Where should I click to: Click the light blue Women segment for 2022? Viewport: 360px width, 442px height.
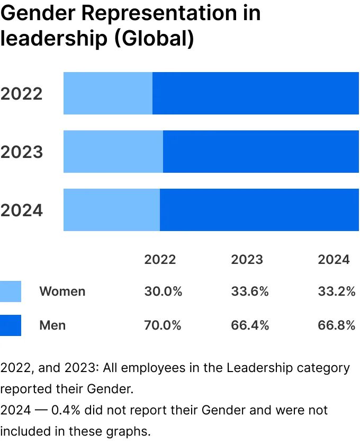tap(108, 93)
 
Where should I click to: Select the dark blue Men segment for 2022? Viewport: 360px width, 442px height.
tap(256, 93)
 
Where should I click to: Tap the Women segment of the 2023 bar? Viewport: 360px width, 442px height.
tap(113, 152)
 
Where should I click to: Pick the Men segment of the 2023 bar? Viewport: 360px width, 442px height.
tap(261, 152)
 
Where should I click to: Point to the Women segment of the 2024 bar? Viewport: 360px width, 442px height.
tap(112, 210)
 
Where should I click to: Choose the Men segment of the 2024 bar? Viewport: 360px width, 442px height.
tap(259, 210)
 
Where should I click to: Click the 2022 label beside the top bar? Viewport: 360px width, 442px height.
tap(22, 94)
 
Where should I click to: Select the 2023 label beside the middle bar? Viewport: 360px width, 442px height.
tap(22, 152)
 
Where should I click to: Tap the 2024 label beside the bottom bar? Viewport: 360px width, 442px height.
tap(22, 210)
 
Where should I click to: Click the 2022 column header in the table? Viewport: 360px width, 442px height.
tap(160, 259)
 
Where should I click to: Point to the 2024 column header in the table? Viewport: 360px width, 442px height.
tap(334, 259)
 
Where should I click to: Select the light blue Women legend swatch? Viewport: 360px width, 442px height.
tap(11, 291)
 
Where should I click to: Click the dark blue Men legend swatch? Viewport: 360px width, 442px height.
tap(11, 325)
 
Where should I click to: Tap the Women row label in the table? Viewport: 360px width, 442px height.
tap(62, 291)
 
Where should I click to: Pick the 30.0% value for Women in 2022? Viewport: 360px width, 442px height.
tap(163, 291)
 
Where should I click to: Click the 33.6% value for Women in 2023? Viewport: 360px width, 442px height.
tap(250, 291)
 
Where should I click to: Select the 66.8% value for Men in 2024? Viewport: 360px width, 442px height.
tap(337, 325)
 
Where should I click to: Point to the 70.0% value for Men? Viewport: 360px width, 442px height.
tap(163, 325)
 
